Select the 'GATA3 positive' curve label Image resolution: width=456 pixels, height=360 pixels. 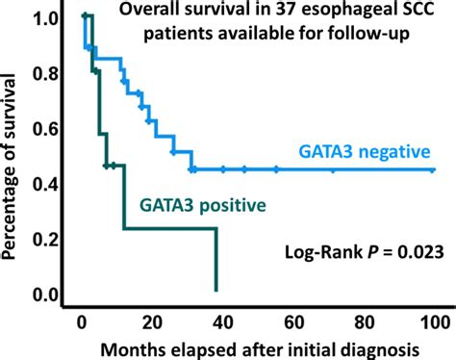pyautogui.click(x=203, y=205)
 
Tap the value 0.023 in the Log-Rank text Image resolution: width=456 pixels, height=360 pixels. pyautogui.click(x=417, y=253)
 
